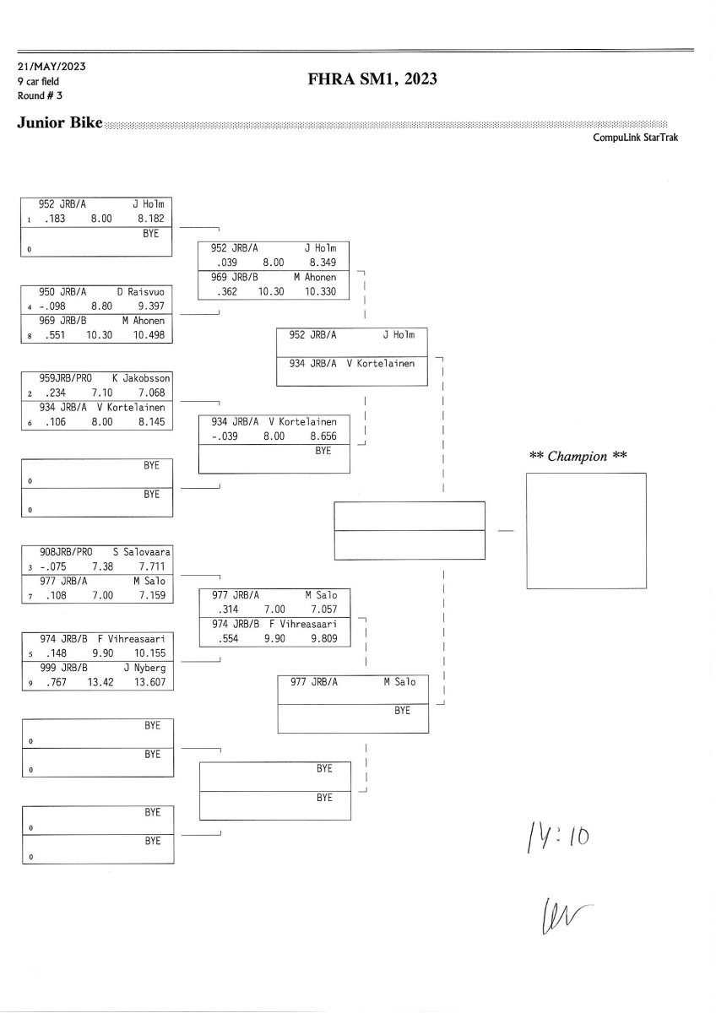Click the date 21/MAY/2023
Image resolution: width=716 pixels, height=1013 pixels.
coord(52,67)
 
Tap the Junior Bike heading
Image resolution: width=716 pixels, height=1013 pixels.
coord(59,123)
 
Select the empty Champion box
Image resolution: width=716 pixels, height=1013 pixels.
coord(586,530)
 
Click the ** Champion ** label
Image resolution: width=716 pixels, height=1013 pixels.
coord(578,457)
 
